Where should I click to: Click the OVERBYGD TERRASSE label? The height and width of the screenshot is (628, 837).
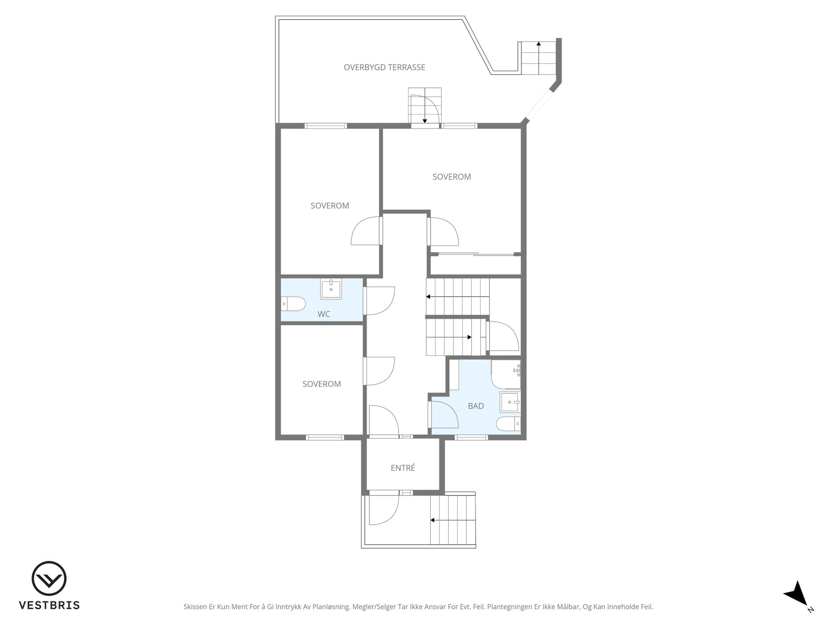coord(384,67)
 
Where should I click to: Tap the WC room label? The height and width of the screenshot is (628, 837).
coord(323,314)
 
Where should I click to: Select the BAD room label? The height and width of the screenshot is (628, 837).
coord(476,406)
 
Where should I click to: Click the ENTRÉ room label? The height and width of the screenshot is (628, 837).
coord(403,468)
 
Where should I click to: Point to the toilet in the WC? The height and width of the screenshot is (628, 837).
coord(293,304)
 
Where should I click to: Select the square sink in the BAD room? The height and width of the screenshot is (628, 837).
coord(510,402)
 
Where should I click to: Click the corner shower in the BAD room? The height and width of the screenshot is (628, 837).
coord(506,374)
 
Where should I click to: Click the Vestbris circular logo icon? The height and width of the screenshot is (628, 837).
coord(49,578)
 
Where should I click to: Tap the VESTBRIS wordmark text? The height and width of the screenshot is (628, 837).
coord(49,605)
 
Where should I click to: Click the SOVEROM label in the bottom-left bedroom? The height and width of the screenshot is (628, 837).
coord(322,384)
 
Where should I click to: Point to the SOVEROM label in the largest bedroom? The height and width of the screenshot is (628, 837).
coord(452,177)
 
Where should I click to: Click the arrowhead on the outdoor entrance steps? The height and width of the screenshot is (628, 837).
coord(432,520)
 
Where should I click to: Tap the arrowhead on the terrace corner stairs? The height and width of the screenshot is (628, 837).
coord(539,44)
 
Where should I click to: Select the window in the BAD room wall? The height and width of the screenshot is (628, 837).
coord(471,437)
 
